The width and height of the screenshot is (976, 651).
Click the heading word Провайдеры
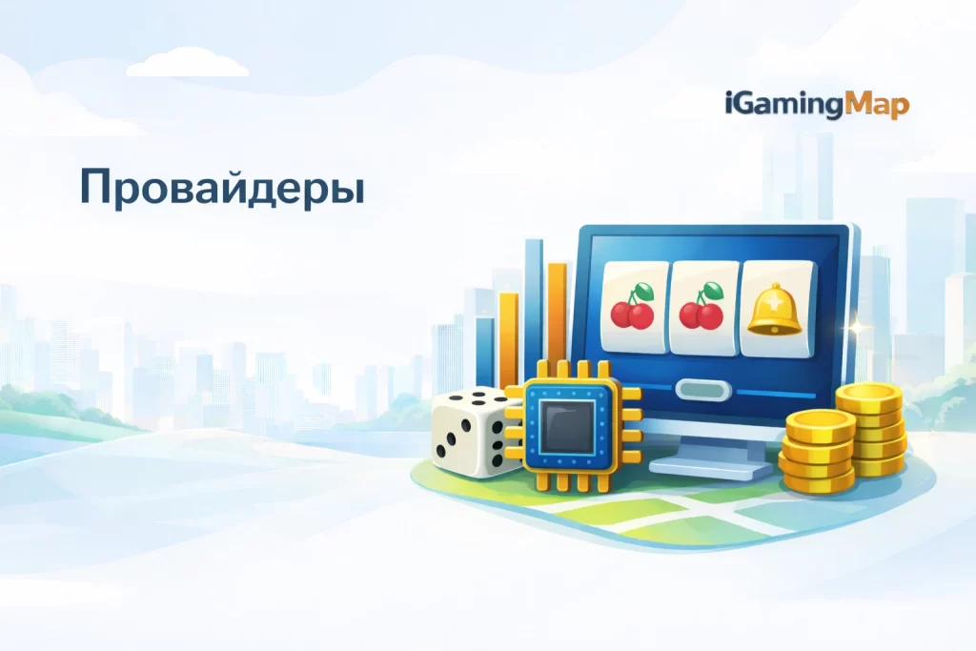pyautogui.click(x=221, y=187)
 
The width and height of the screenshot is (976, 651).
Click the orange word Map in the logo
pyautogui.click(x=878, y=105)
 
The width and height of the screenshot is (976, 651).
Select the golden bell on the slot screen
pyautogui.click(x=774, y=312)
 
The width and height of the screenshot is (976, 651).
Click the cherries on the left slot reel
pyautogui.click(x=632, y=307)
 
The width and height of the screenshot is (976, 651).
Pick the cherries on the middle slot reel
pyautogui.click(x=702, y=307)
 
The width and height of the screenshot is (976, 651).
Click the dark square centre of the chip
pyautogui.click(x=568, y=425)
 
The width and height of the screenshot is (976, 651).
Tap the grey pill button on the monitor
pyautogui.click(x=702, y=390)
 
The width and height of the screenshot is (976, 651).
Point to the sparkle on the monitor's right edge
pyautogui.click(x=855, y=327)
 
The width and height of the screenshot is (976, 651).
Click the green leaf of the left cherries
pyautogui.click(x=645, y=288)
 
